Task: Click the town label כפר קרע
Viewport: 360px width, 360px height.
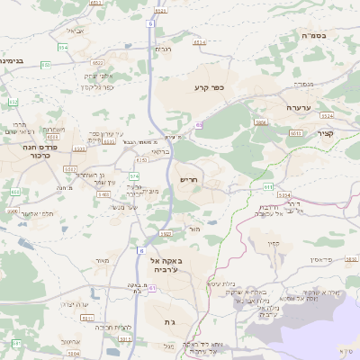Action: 207,87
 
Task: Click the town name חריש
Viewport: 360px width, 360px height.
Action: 188,180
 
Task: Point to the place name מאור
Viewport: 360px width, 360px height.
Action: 101,260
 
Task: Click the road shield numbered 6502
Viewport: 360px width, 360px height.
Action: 96,63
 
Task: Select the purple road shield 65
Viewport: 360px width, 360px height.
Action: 199,124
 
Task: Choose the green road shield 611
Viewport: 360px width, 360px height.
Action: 267,185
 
